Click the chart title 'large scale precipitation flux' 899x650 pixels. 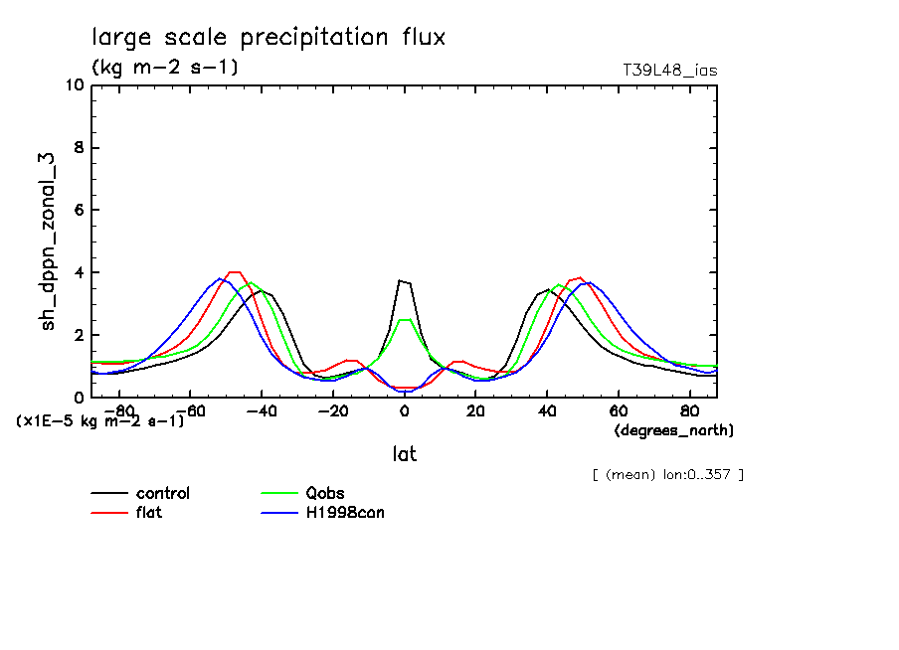(269, 38)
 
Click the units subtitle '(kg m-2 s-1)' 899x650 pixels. (164, 68)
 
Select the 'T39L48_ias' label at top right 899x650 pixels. (669, 71)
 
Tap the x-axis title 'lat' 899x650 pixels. (404, 454)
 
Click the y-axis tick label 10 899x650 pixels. (73, 85)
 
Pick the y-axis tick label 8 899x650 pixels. (78, 148)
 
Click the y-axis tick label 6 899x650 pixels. (78, 211)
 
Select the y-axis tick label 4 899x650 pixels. (78, 273)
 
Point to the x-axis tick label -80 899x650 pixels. (119, 409)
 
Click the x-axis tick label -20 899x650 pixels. (332, 409)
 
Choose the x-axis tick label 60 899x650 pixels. (618, 409)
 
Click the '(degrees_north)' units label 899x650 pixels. (674, 430)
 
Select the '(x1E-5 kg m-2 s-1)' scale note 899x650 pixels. (100, 421)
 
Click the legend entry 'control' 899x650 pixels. (163, 494)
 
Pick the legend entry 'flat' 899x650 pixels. (149, 513)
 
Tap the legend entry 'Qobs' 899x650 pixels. (325, 494)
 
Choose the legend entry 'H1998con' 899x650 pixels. (344, 513)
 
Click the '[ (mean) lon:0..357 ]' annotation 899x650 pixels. (667, 474)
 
